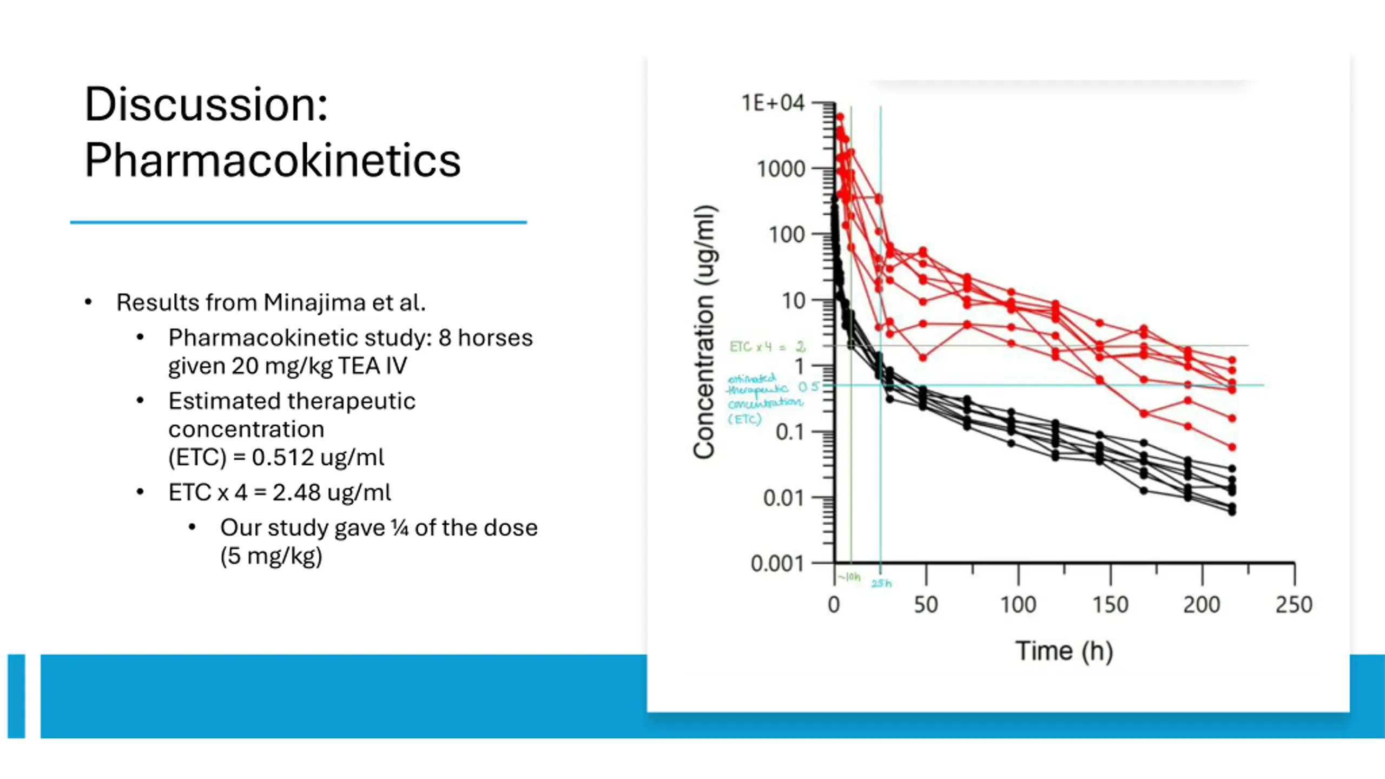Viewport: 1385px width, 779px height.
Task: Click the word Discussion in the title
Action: point(206,104)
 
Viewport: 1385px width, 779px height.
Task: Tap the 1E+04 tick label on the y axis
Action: point(773,103)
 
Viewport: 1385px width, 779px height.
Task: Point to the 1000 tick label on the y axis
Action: point(781,169)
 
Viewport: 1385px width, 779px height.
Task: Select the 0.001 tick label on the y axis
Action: point(777,564)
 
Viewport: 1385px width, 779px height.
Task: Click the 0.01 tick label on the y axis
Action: point(783,498)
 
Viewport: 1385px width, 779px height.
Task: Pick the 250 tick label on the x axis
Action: point(1294,604)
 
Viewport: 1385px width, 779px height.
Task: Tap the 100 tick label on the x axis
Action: point(1018,604)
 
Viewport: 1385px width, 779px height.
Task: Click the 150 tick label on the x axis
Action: point(1110,604)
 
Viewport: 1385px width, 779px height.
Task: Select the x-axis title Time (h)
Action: point(1064,650)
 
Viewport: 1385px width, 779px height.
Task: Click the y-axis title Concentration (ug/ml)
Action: point(705,332)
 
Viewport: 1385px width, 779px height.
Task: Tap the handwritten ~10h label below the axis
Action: point(849,577)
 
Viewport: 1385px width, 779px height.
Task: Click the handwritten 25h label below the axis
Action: point(881,583)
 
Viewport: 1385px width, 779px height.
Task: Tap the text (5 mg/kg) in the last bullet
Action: point(271,556)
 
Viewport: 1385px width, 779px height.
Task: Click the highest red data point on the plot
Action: point(840,117)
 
